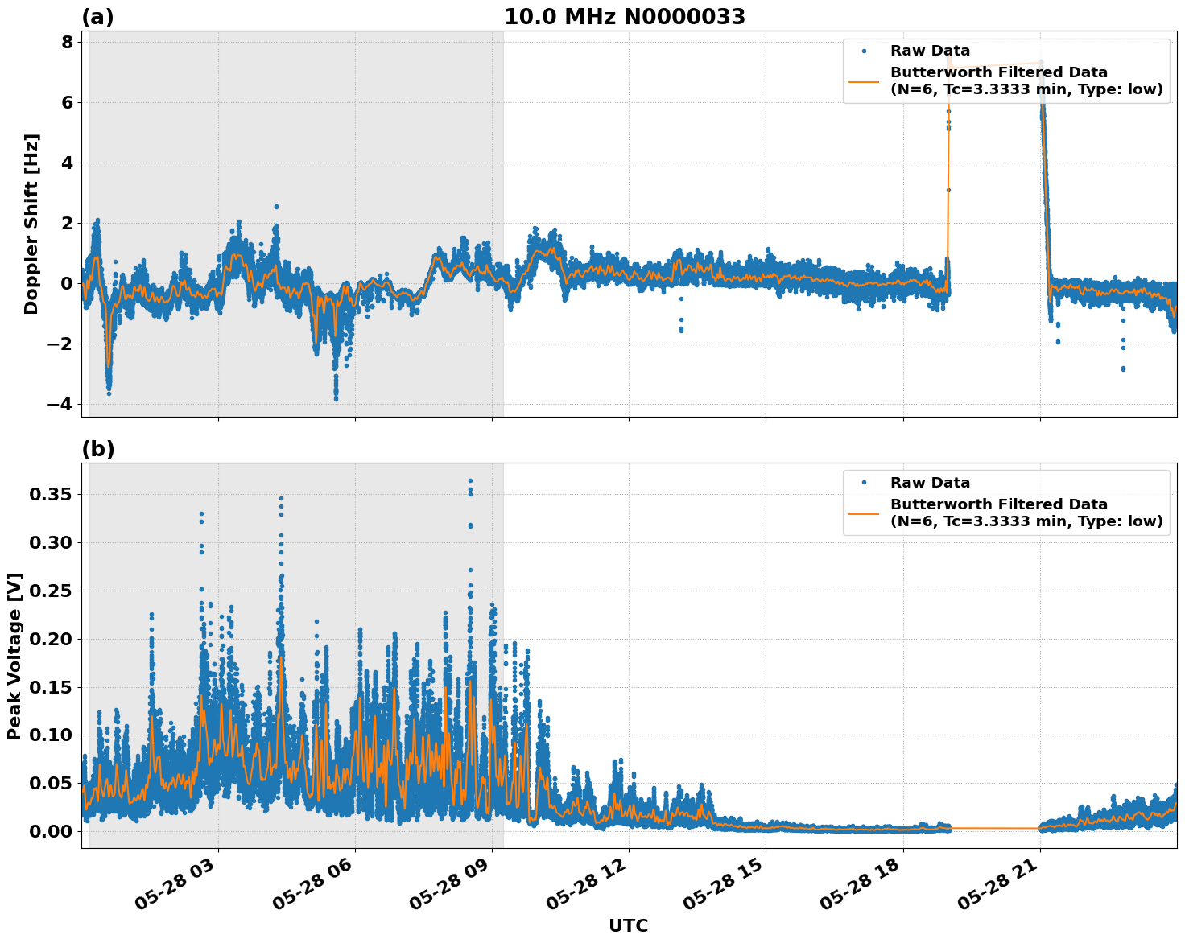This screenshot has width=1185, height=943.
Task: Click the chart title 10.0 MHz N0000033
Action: [x=625, y=17]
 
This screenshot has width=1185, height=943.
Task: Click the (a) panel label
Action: [x=97, y=17]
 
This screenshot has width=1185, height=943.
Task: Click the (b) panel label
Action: [x=97, y=449]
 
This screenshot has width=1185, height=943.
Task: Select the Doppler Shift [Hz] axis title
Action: [x=31, y=224]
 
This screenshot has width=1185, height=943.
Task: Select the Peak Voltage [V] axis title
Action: [x=14, y=656]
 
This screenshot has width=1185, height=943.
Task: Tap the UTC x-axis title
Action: [x=628, y=925]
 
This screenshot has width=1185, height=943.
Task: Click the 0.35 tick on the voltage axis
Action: [x=51, y=494]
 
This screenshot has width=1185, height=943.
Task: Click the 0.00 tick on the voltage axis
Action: [x=51, y=831]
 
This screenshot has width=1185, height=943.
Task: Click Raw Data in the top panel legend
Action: [x=930, y=51]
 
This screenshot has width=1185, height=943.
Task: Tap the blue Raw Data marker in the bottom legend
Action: [x=864, y=483]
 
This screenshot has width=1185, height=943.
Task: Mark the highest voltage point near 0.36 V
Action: [x=470, y=481]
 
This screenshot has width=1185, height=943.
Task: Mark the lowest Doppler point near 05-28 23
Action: [x=1123, y=369]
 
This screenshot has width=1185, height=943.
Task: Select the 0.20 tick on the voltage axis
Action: [x=51, y=639]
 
